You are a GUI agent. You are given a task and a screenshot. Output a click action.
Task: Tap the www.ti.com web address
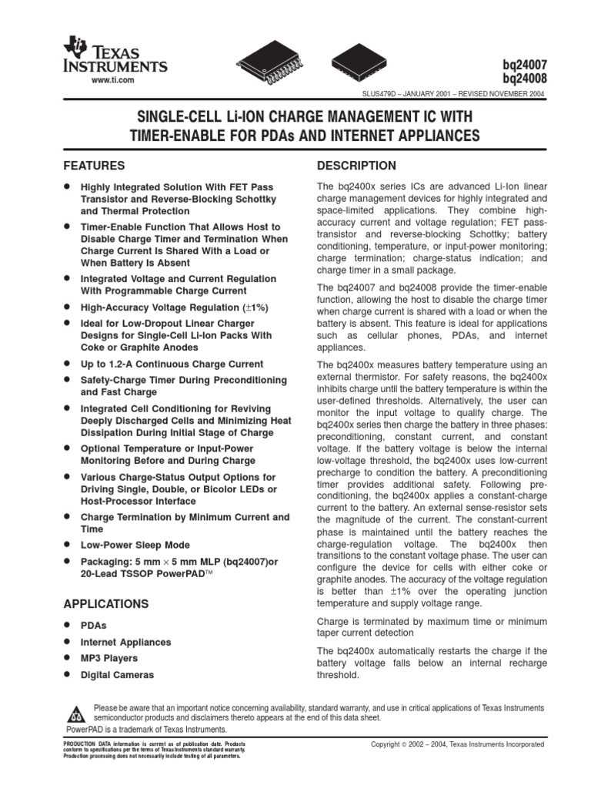[x=113, y=80]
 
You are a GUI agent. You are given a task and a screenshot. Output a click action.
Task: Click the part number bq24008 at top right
[x=524, y=79]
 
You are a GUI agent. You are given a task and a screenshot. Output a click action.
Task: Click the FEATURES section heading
[x=94, y=166]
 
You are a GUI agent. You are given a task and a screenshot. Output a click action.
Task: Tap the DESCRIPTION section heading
[x=356, y=166]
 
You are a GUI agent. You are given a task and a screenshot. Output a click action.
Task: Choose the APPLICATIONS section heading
[x=105, y=603]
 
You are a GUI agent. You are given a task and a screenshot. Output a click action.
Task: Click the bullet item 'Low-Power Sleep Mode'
[x=135, y=545]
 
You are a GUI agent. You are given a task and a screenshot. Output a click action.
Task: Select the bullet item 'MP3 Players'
[x=109, y=658]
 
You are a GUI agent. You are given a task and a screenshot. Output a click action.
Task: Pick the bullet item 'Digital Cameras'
[x=117, y=675]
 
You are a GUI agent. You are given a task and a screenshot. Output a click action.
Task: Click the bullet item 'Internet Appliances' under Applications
[x=125, y=642]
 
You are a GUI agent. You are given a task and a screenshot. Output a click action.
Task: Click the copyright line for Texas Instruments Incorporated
[x=457, y=745]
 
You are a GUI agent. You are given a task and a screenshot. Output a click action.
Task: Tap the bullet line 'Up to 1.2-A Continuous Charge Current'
[x=172, y=364]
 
